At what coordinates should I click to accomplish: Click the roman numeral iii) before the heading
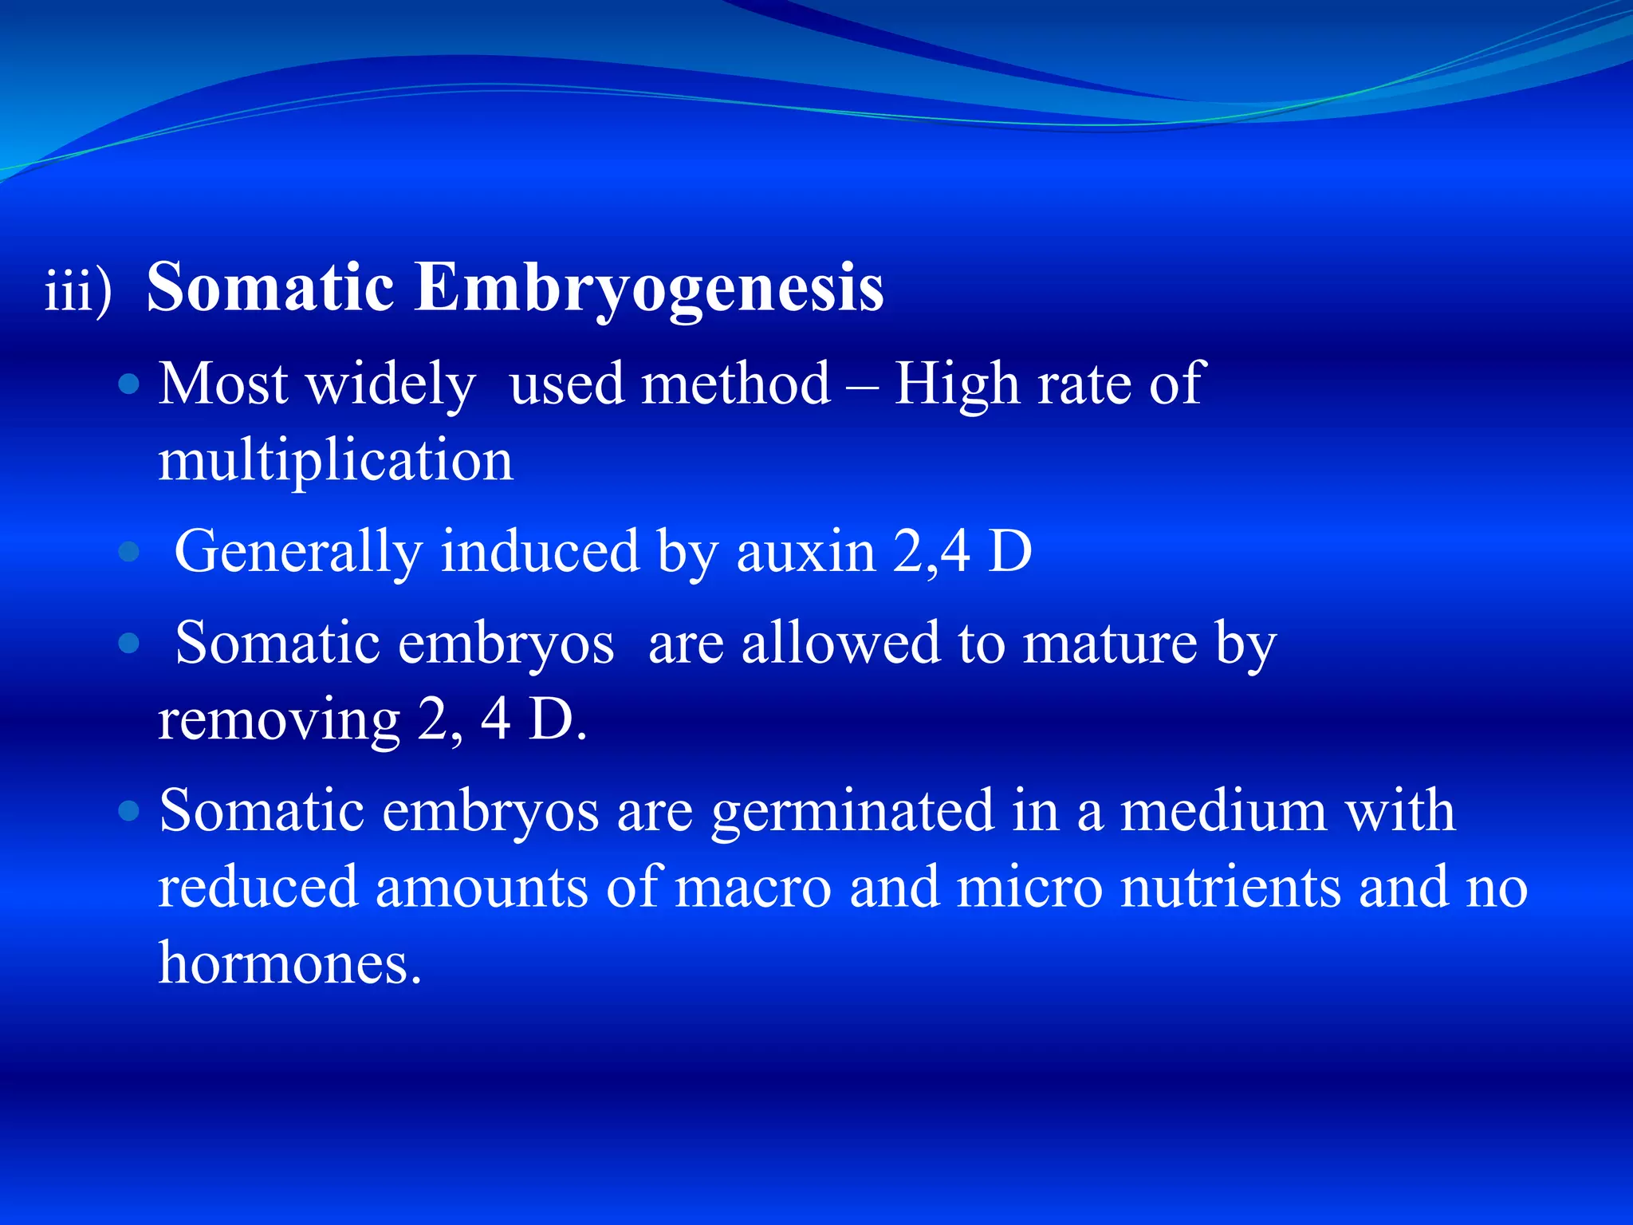(78, 290)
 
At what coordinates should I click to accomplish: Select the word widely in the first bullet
(391, 385)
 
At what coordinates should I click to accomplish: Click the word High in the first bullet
(956, 385)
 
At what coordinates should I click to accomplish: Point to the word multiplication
(336, 460)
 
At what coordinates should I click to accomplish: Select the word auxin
(805, 552)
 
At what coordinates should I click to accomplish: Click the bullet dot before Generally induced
(128, 552)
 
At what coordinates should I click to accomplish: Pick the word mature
(1109, 643)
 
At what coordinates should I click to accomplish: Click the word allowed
(840, 643)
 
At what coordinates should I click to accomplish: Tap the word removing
(279, 720)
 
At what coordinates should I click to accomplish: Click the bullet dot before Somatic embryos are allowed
(128, 643)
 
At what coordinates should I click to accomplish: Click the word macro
(753, 887)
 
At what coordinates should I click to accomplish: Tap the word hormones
(289, 963)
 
